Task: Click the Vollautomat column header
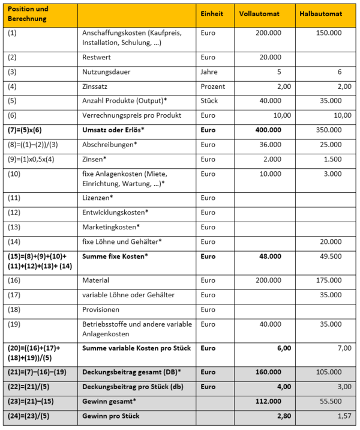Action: coord(258,14)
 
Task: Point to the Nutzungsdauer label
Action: coord(106,72)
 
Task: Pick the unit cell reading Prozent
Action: coord(213,86)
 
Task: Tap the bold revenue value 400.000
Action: coord(266,130)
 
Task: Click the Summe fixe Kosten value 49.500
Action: coord(331,256)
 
